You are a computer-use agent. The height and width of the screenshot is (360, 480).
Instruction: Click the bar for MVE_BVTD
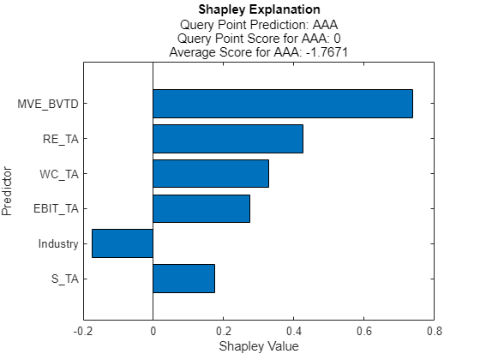tap(283, 104)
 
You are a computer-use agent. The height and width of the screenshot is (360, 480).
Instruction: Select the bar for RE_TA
tap(228, 139)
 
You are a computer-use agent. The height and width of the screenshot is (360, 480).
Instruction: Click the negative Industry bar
tap(123, 243)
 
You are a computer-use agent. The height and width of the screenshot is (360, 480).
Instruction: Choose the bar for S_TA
tap(183, 279)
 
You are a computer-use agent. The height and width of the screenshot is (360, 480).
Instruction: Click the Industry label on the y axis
tap(58, 244)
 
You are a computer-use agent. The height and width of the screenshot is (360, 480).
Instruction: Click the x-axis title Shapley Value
tap(259, 346)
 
